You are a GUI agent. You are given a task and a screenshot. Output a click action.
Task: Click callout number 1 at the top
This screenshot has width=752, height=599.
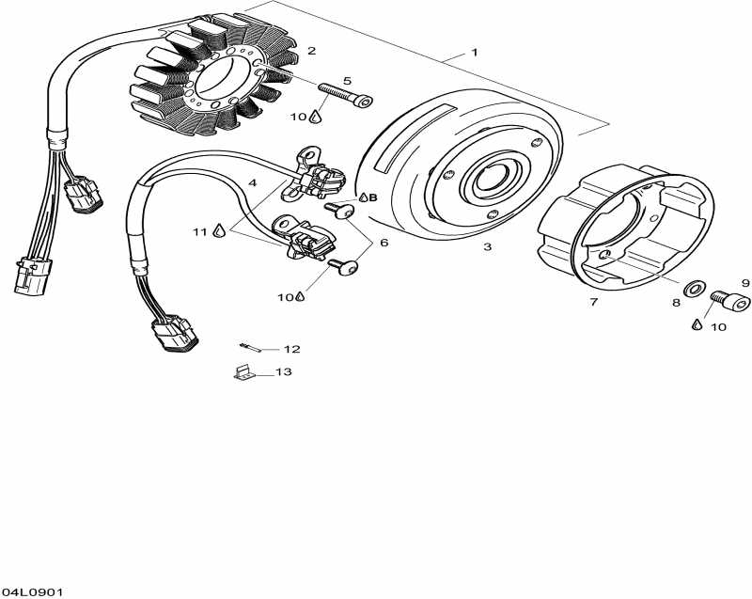[475, 53]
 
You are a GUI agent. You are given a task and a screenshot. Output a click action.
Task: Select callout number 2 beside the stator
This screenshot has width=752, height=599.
[311, 51]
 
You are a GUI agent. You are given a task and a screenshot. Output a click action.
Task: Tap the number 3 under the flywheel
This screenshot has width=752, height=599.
[487, 247]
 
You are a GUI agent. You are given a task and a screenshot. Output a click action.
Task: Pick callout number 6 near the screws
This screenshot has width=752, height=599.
[384, 243]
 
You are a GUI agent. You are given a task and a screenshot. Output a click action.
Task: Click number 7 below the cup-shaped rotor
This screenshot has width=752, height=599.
[593, 302]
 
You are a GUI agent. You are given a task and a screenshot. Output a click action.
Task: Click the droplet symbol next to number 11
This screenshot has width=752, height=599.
[219, 230]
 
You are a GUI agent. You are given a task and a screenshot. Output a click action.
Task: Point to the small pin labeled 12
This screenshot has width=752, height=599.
[247, 345]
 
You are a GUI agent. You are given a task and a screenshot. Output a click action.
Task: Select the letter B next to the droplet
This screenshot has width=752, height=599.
[372, 198]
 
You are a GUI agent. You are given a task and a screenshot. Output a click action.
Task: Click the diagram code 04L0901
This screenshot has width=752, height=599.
[32, 591]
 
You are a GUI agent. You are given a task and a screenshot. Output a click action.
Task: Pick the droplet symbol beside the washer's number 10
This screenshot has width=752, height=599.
[697, 323]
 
